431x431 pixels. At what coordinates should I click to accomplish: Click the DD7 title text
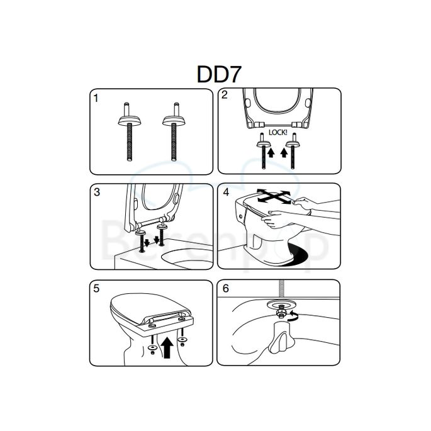pyautogui.click(x=215, y=74)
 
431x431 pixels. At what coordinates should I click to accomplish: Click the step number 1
pyautogui.click(x=96, y=98)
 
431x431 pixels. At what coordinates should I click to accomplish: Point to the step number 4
pyautogui.click(x=225, y=191)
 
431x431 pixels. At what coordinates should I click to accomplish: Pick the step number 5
pyautogui.click(x=96, y=289)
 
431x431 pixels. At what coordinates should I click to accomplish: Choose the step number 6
pyautogui.click(x=225, y=289)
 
